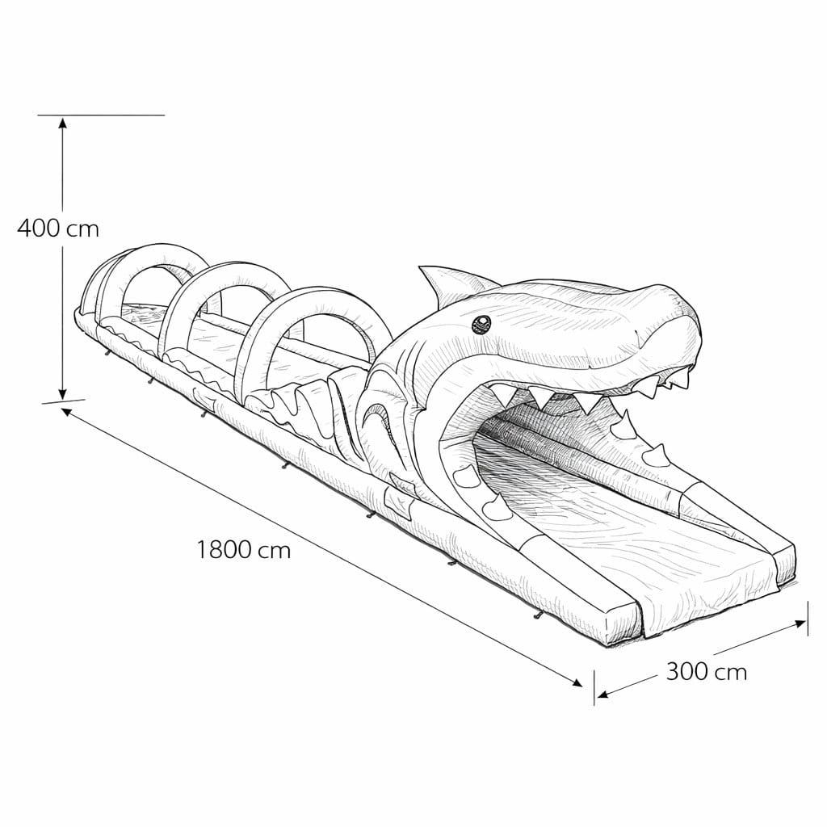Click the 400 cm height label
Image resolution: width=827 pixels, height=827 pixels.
click(58, 229)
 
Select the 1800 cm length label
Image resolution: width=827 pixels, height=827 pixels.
click(244, 550)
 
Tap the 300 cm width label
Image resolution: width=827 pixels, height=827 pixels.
click(707, 672)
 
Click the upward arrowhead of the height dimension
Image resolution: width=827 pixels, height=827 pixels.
click(63, 123)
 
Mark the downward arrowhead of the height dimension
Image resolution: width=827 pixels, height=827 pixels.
click(63, 393)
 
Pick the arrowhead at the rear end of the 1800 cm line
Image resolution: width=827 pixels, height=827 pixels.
click(66, 411)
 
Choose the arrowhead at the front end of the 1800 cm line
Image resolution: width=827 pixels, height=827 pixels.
click(577, 682)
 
